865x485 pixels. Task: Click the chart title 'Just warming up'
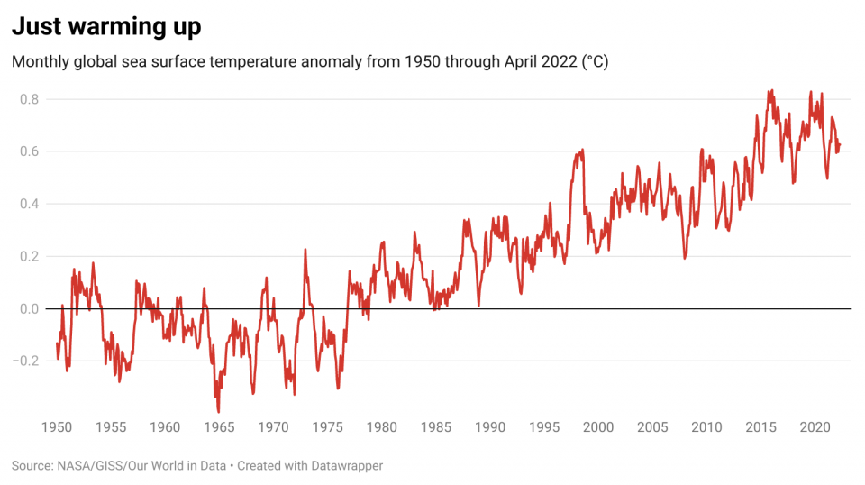[106, 26]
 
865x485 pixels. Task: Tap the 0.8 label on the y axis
[29, 99]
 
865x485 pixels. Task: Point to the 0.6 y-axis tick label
[29, 151]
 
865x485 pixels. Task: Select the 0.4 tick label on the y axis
[29, 204]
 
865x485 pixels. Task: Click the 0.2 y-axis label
[29, 257]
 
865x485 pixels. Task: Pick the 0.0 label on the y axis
[29, 309]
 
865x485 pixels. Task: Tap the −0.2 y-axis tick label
[26, 361]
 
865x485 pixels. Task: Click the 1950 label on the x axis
[57, 427]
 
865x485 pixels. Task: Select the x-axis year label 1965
[219, 427]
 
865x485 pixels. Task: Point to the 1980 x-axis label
[382, 427]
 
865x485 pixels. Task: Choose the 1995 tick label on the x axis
[544, 427]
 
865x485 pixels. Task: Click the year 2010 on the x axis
[706, 427]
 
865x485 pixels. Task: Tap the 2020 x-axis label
[815, 427]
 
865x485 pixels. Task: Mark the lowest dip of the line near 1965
[219, 412]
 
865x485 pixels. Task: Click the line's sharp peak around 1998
[583, 150]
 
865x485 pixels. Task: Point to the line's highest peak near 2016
[772, 90]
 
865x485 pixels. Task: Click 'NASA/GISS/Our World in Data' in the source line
[141, 466]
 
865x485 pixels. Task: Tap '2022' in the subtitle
[559, 61]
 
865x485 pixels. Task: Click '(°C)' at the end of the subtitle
[595, 62]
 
